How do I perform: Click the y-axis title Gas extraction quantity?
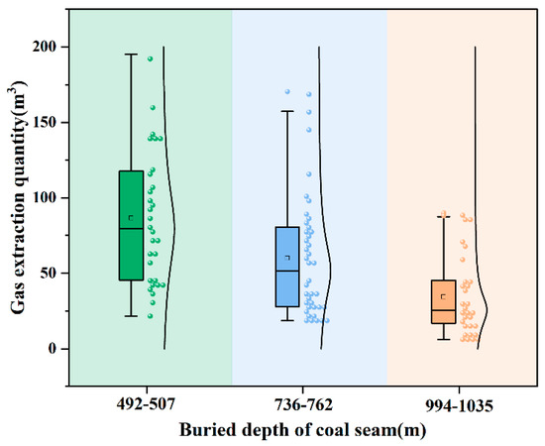pos(20,198)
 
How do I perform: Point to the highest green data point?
pos(151,59)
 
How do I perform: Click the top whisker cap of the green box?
pos(131,55)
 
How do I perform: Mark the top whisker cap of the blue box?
pos(287,111)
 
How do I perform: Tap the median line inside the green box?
pos(131,229)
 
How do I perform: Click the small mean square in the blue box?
pos(287,258)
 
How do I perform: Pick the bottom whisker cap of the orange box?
pos(443,340)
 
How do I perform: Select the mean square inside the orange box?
pos(443,295)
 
